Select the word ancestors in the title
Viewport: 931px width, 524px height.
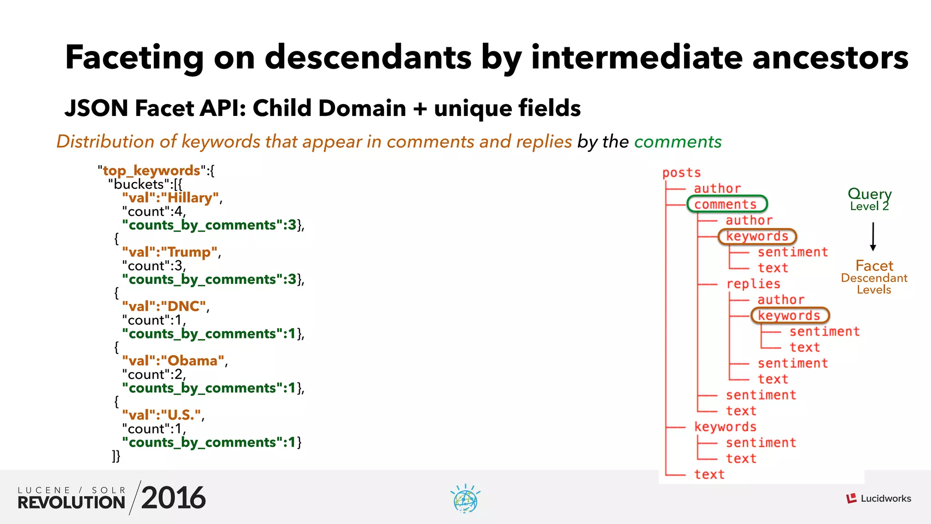830,58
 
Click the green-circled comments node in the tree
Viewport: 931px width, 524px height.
726,204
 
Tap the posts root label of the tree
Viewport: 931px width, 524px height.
681,173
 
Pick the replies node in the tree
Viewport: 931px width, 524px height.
753,284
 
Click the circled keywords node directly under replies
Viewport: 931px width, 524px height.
790,315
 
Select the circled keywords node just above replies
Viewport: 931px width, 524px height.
757,236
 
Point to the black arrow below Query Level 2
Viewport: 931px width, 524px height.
872,237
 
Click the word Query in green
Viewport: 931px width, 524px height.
869,193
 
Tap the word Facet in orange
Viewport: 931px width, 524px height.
874,266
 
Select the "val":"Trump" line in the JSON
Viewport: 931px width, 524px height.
170,252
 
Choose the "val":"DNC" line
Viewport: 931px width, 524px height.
164,306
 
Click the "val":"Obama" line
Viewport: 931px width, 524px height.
173,361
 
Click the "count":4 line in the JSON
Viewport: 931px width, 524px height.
153,212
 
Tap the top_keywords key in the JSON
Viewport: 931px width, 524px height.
151,171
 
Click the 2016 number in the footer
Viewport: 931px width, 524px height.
173,498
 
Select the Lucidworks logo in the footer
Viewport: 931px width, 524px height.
878,499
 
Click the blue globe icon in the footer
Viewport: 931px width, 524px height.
465,499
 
